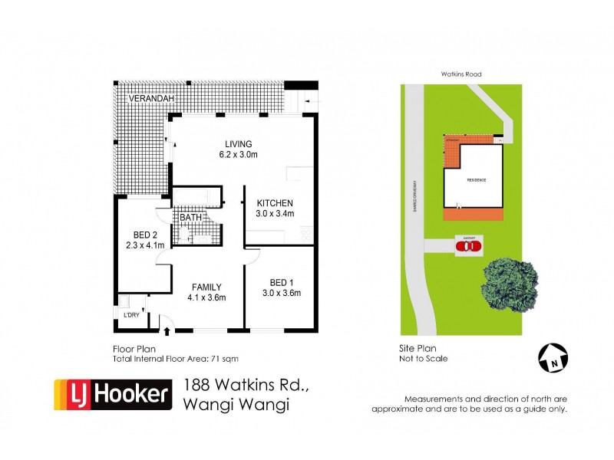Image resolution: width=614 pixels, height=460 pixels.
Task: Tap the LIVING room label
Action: click(238, 143)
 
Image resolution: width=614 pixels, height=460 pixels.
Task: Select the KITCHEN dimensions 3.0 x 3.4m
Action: click(275, 214)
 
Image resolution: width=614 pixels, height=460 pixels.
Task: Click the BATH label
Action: click(190, 218)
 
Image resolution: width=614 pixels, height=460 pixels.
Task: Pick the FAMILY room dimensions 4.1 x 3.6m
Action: click(207, 297)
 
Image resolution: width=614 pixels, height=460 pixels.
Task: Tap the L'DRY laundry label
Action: click(131, 315)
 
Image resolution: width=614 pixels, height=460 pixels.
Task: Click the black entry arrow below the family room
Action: click(167, 331)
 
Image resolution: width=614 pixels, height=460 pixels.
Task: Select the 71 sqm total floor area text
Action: click(236, 358)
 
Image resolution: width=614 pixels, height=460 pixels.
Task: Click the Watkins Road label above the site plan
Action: click(460, 74)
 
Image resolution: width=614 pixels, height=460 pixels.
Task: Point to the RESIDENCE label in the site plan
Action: click(477, 180)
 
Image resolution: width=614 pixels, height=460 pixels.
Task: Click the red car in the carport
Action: click(469, 246)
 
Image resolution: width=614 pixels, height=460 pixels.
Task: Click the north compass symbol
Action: click(552, 356)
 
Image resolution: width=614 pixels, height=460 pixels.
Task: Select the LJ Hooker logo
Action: click(112, 395)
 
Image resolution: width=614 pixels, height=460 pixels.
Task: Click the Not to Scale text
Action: click(424, 358)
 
